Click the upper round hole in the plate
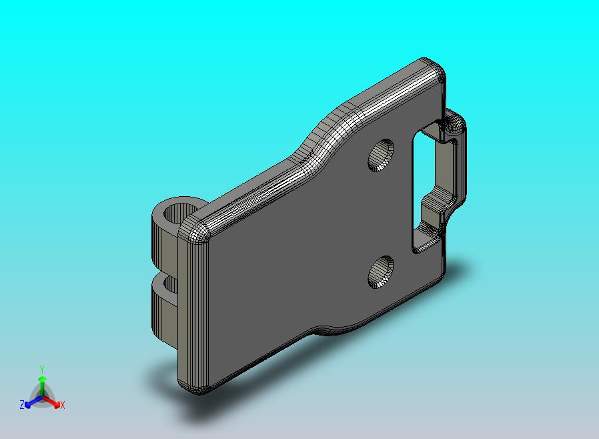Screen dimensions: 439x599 [x=382, y=155]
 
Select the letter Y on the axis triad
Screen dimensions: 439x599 [x=42, y=368]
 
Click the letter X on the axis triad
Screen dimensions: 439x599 [x=62, y=405]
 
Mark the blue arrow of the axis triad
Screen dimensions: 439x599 [x=31, y=401]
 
